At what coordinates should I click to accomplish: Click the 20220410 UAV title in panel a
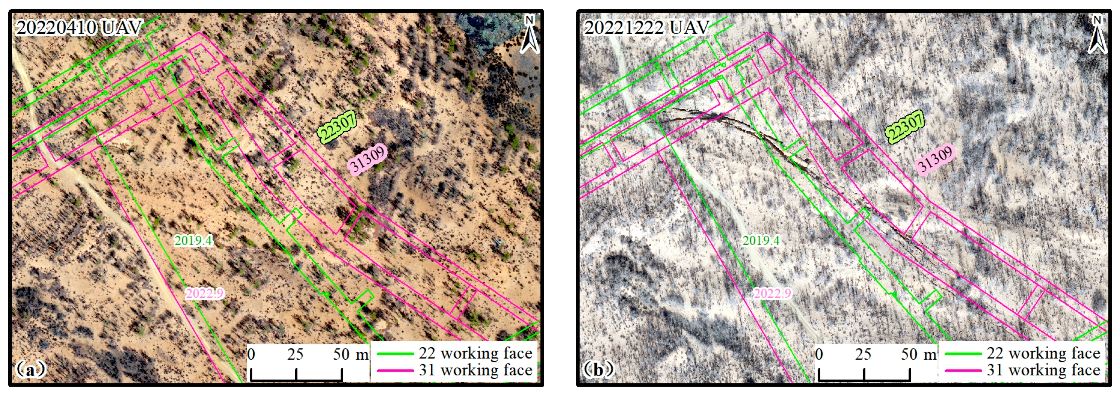(x=79, y=28)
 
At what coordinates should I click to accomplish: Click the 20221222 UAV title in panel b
(x=647, y=28)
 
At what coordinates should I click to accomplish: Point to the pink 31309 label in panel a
(x=368, y=159)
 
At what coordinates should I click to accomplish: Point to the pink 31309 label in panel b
(x=935, y=159)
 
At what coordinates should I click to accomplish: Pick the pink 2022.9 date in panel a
(x=205, y=293)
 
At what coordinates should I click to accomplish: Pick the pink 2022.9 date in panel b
(x=772, y=293)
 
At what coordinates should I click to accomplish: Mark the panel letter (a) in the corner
(x=30, y=370)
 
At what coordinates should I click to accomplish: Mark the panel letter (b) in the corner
(x=598, y=370)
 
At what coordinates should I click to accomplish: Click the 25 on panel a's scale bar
(x=295, y=354)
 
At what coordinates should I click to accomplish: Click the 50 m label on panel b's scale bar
(x=919, y=354)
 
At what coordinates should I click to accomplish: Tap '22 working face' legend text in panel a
(x=476, y=353)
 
